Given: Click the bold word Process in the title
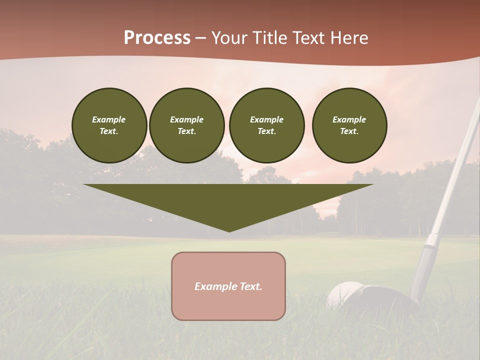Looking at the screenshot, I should click(x=157, y=38).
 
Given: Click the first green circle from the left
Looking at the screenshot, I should click(x=109, y=125).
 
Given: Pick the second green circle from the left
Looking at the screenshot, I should click(x=187, y=125).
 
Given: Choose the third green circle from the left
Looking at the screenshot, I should click(x=266, y=125).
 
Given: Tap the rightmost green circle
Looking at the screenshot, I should click(x=349, y=125).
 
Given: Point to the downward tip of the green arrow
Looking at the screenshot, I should click(x=229, y=230).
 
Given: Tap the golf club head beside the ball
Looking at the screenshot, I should click(x=387, y=300).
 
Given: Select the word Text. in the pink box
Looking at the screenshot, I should click(x=250, y=286).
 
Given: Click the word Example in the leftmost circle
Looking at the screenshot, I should click(x=109, y=119).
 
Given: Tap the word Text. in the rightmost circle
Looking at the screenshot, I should click(x=349, y=131).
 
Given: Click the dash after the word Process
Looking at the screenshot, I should click(x=200, y=38).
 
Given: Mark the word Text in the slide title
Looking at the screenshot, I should click(x=306, y=38).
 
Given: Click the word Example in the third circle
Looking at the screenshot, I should click(x=266, y=119).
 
